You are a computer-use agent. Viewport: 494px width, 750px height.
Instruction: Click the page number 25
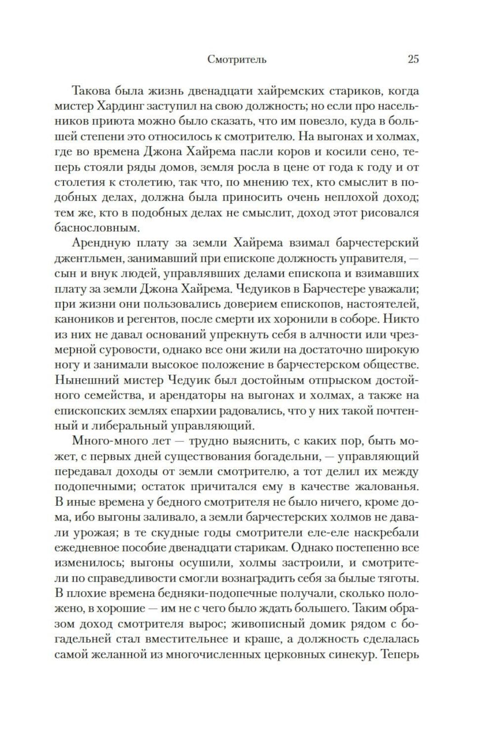(x=413, y=59)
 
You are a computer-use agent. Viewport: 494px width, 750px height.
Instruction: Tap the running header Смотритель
(x=237, y=60)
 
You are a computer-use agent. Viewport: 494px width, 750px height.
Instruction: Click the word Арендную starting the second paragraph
(x=101, y=244)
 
